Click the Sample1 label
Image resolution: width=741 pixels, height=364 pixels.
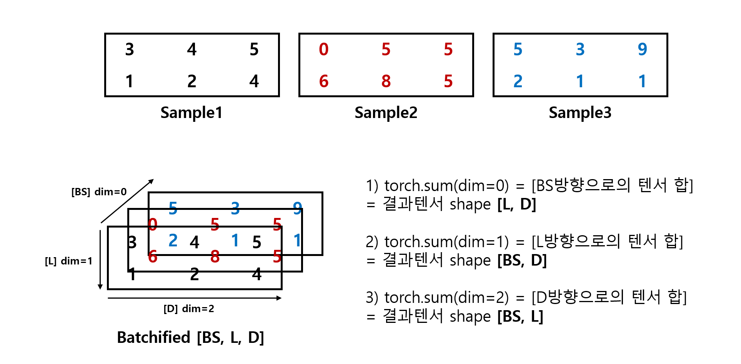tap(191, 113)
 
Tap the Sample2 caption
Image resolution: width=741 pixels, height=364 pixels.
tap(386, 113)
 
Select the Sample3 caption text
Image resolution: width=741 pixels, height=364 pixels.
tap(580, 113)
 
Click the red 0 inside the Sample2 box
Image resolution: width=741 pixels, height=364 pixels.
tap(324, 50)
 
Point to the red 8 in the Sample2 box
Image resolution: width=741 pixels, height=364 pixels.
tap(386, 81)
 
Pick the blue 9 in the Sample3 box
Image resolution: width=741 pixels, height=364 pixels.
tap(642, 49)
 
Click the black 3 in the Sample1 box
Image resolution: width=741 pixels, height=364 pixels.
tap(130, 50)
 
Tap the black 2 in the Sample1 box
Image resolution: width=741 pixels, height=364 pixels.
tap(192, 81)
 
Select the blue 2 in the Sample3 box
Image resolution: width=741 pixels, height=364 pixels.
tap(518, 81)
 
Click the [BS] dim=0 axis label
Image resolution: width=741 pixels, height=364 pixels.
tap(99, 192)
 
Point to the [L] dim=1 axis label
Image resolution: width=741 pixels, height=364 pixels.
tap(68, 261)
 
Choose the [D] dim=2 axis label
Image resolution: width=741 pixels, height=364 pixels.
tap(188, 309)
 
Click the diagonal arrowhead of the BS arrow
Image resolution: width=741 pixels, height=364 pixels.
tap(151, 181)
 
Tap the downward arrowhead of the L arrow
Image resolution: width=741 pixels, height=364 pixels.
tap(100, 287)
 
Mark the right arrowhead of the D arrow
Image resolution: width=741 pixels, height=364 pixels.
tap(279, 298)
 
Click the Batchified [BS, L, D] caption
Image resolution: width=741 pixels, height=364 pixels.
tap(190, 337)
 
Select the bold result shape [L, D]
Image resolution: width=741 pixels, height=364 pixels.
tap(516, 204)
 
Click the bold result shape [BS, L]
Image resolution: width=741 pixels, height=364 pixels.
tap(520, 316)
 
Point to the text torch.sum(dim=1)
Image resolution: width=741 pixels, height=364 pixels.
tap(446, 242)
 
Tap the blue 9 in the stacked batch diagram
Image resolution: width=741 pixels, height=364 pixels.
tap(297, 208)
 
